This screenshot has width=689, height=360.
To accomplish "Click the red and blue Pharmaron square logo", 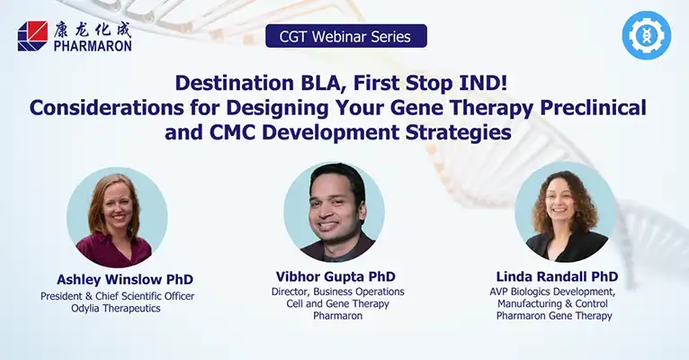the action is (33, 36).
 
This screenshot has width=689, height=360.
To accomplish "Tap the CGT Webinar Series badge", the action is (345, 36).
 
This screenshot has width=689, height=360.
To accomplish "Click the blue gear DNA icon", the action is (647, 36).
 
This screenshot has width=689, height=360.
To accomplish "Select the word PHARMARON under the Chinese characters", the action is (93, 46).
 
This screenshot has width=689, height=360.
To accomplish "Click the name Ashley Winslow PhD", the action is (125, 280).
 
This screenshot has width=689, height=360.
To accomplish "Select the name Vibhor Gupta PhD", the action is (336, 276).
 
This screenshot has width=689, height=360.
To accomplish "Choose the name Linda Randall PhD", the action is (557, 276).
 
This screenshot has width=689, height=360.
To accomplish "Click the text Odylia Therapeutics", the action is (116, 309).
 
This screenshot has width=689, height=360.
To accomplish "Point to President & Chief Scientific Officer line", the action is (117, 296).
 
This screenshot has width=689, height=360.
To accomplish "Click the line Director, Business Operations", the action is (338, 292).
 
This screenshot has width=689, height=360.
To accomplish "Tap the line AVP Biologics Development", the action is (553, 292).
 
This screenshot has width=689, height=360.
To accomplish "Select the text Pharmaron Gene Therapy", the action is (554, 316).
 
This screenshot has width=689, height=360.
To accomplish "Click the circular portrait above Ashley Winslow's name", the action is (117, 217).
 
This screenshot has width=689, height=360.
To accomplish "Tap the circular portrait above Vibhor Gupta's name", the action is (334, 211).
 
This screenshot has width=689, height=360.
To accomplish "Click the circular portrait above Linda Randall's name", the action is (565, 211).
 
